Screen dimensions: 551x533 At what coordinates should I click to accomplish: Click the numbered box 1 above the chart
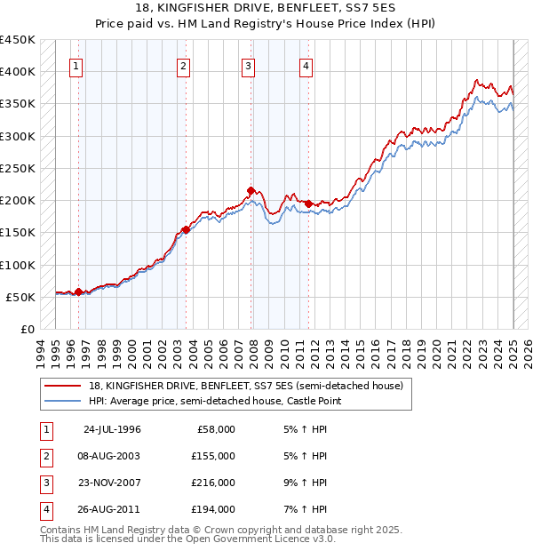76,65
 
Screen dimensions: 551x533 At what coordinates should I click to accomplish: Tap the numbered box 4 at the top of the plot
306,65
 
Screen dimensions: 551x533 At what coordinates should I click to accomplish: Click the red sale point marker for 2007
251,190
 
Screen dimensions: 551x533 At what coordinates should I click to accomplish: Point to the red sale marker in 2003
186,229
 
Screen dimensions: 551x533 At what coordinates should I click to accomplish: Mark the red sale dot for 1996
78,291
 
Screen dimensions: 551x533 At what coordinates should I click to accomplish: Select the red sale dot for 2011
308,204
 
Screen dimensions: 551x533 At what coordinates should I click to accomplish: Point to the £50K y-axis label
20,297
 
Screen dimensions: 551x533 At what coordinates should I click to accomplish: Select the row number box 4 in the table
45,510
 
